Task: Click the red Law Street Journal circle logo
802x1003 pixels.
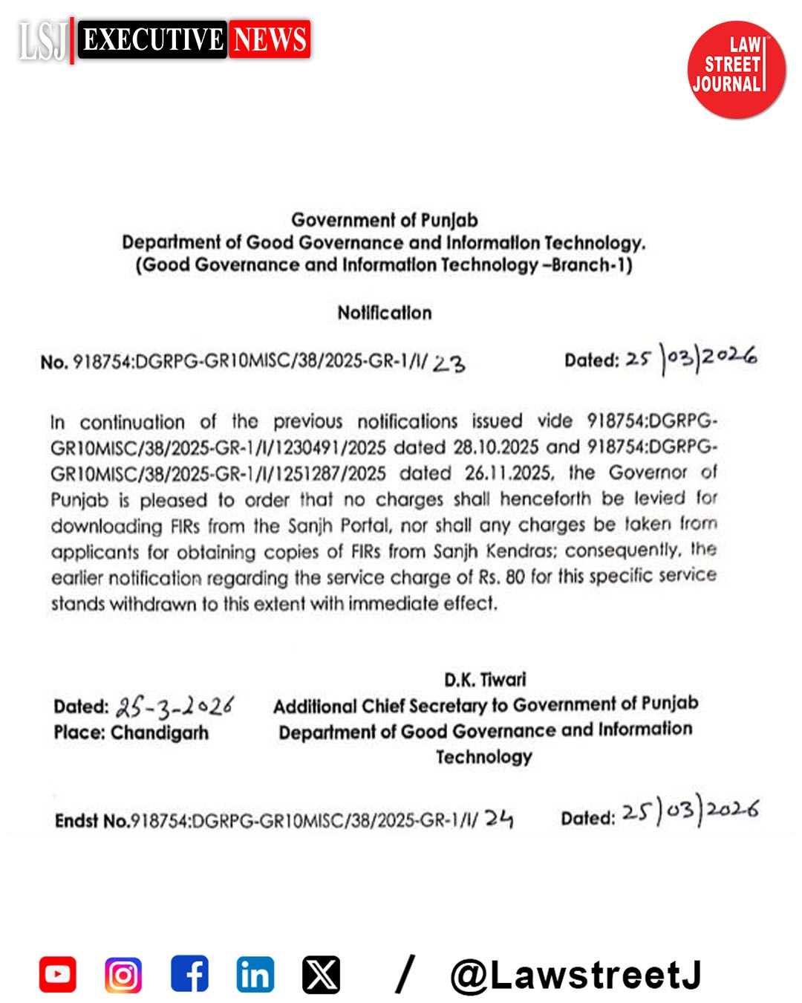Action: pyautogui.click(x=735, y=70)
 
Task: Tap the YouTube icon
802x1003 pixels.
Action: pyautogui.click(x=58, y=974)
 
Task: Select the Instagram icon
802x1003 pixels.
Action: pyautogui.click(x=123, y=974)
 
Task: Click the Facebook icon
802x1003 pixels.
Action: pyautogui.click(x=189, y=974)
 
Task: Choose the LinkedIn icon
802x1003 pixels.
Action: pyautogui.click(x=255, y=974)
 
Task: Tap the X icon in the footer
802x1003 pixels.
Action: pyautogui.click(x=321, y=974)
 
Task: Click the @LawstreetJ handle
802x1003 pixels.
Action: pyautogui.click(x=576, y=975)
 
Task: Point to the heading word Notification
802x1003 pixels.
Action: pyautogui.click(x=384, y=313)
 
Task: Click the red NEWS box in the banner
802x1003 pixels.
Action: pyautogui.click(x=270, y=39)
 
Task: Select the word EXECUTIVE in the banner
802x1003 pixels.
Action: pyautogui.click(x=153, y=39)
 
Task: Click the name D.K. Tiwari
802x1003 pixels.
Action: pyautogui.click(x=485, y=680)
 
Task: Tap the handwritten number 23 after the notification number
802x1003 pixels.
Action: pyautogui.click(x=449, y=363)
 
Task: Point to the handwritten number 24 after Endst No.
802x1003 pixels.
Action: pyautogui.click(x=499, y=819)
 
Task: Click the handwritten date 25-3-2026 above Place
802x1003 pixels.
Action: pyautogui.click(x=175, y=706)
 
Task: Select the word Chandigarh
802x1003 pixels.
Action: pyautogui.click(x=160, y=733)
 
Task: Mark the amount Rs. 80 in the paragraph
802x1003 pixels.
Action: pyautogui.click(x=501, y=577)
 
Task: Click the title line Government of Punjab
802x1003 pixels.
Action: pyautogui.click(x=384, y=220)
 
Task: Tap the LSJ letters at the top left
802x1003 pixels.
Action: pyautogui.click(x=42, y=41)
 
